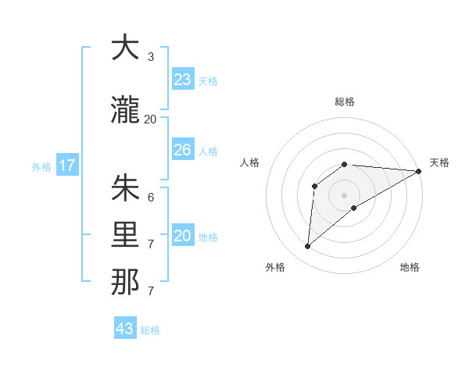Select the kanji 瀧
click(125, 111)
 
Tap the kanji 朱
click(125, 188)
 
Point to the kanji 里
click(125, 235)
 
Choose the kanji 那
click(125, 282)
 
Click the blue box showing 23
click(183, 80)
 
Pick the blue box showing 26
click(183, 150)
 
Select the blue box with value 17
click(66, 166)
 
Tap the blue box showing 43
click(125, 329)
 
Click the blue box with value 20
click(183, 236)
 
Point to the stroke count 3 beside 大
click(151, 57)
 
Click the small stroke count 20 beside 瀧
click(150, 119)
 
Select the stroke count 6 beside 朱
click(151, 198)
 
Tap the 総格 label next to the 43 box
click(150, 330)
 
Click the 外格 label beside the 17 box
click(41, 166)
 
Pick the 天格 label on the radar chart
click(439, 162)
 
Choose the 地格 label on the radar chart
click(410, 267)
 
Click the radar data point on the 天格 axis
click(419, 171)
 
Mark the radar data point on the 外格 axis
click(307, 247)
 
